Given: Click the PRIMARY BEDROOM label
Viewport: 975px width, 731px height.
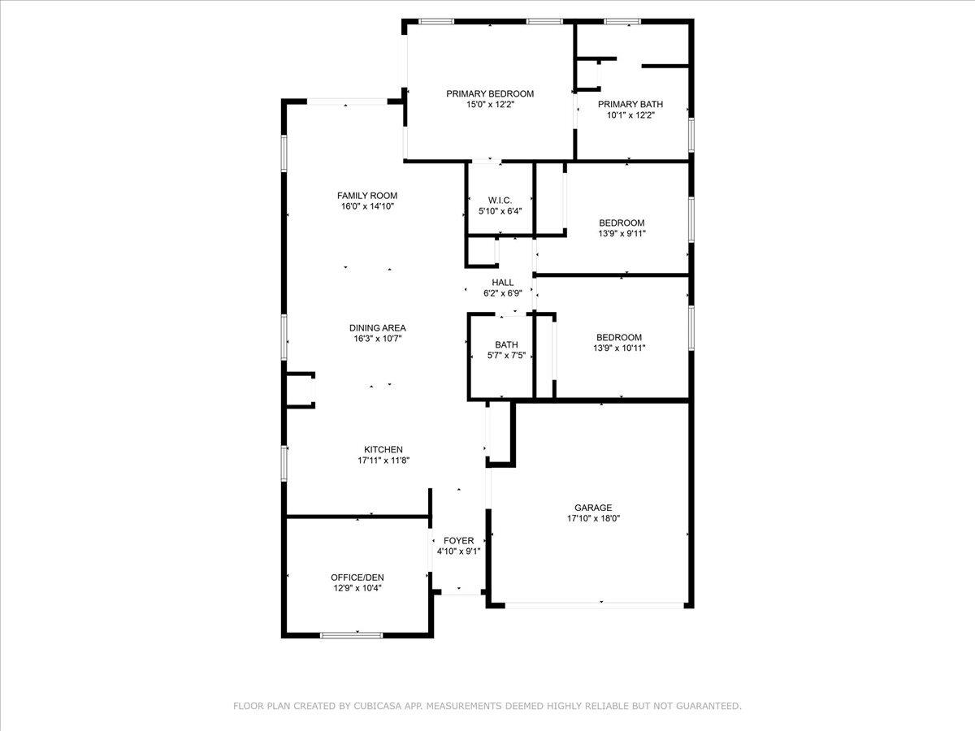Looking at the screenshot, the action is click(490, 93).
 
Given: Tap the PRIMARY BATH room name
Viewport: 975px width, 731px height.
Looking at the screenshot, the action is click(630, 104).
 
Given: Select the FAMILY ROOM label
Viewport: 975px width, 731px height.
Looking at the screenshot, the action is click(367, 196).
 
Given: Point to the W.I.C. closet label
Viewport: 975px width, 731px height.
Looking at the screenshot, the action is click(500, 201).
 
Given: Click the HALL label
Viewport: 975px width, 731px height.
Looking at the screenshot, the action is click(503, 283).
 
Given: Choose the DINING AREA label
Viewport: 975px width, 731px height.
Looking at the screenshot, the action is click(378, 328).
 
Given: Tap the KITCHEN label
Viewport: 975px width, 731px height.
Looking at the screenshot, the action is click(383, 450).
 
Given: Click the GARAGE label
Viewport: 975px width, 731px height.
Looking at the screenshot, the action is click(593, 508).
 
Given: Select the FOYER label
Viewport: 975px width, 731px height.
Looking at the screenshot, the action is click(459, 541).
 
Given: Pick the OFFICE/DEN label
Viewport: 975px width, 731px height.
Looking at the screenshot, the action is click(357, 577).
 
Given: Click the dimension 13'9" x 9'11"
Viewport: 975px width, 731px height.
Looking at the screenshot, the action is click(622, 233).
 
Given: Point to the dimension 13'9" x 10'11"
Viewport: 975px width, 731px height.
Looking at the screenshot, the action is click(619, 348).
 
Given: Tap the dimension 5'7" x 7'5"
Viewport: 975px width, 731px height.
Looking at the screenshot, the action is click(506, 355).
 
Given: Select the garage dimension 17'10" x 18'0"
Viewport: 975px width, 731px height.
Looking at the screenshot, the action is click(593, 518).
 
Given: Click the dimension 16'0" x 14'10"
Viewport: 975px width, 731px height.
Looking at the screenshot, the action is click(367, 206).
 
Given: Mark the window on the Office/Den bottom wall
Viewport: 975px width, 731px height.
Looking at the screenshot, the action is click(351, 635).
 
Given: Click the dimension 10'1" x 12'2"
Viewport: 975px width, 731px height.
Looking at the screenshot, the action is click(630, 115).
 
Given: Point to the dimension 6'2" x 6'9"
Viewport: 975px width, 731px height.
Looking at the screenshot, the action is click(503, 293).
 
